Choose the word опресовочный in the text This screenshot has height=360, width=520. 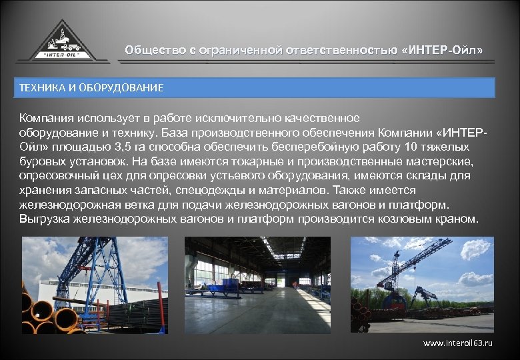click(51, 175)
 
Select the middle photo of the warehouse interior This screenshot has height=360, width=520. click(257, 285)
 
